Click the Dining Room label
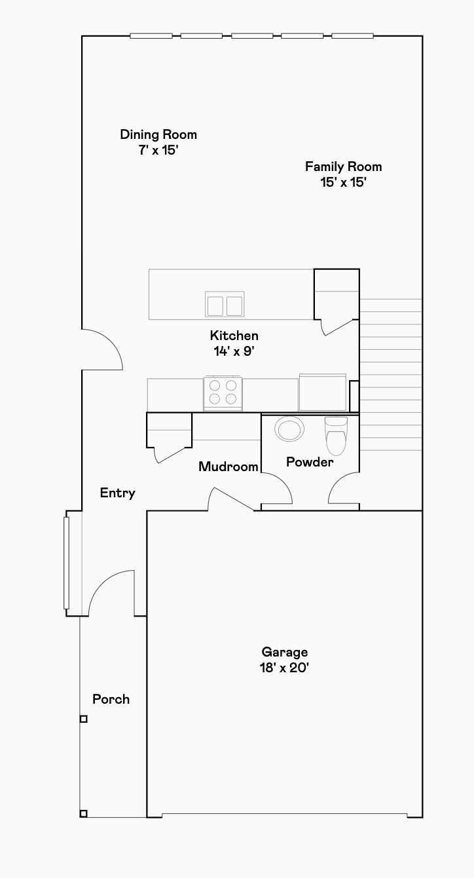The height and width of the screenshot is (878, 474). [158, 134]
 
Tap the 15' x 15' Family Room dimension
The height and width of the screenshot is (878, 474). [343, 183]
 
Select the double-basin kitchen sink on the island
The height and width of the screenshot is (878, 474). [225, 305]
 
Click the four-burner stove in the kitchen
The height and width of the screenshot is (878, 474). [223, 392]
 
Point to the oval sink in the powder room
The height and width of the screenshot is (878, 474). [289, 430]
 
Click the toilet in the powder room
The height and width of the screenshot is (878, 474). [336, 436]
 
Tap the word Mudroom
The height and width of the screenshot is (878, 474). [228, 467]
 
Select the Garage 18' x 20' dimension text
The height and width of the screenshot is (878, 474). [284, 668]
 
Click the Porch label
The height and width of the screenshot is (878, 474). [111, 699]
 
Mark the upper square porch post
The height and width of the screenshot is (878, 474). [83, 719]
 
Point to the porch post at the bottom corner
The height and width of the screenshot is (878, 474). [83, 814]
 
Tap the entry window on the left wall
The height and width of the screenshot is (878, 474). [66, 563]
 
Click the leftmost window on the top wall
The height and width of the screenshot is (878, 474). [151, 35]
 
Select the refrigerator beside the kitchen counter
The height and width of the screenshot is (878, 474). [322, 392]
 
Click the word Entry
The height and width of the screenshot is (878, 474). [117, 493]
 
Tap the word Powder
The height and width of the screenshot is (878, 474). [310, 462]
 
